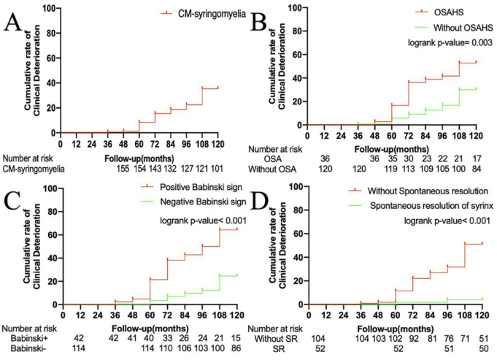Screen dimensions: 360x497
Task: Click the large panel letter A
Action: [13, 22]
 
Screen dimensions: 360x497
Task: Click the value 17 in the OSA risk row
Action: [476, 158]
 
